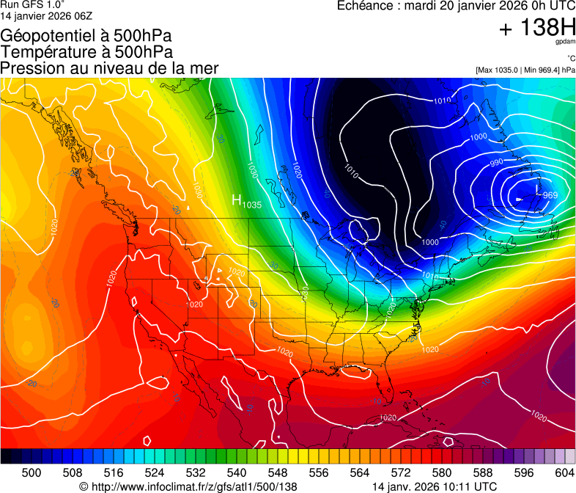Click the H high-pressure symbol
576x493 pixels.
[x=237, y=200]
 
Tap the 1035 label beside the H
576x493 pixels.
[x=252, y=203]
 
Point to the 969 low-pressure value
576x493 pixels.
[x=550, y=195]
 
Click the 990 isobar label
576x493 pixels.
[x=497, y=162]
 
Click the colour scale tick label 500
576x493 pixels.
[x=32, y=472]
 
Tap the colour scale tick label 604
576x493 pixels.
[x=564, y=472]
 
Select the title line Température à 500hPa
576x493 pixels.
[x=86, y=52]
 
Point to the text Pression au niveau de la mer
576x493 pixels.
[x=109, y=68]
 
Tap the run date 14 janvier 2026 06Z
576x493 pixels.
[x=46, y=15]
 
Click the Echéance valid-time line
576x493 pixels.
[x=455, y=6]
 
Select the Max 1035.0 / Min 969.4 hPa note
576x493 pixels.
[x=525, y=70]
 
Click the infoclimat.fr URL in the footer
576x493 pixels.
[x=188, y=486]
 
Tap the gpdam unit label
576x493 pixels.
[x=566, y=43]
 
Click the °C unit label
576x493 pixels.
[x=570, y=59]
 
